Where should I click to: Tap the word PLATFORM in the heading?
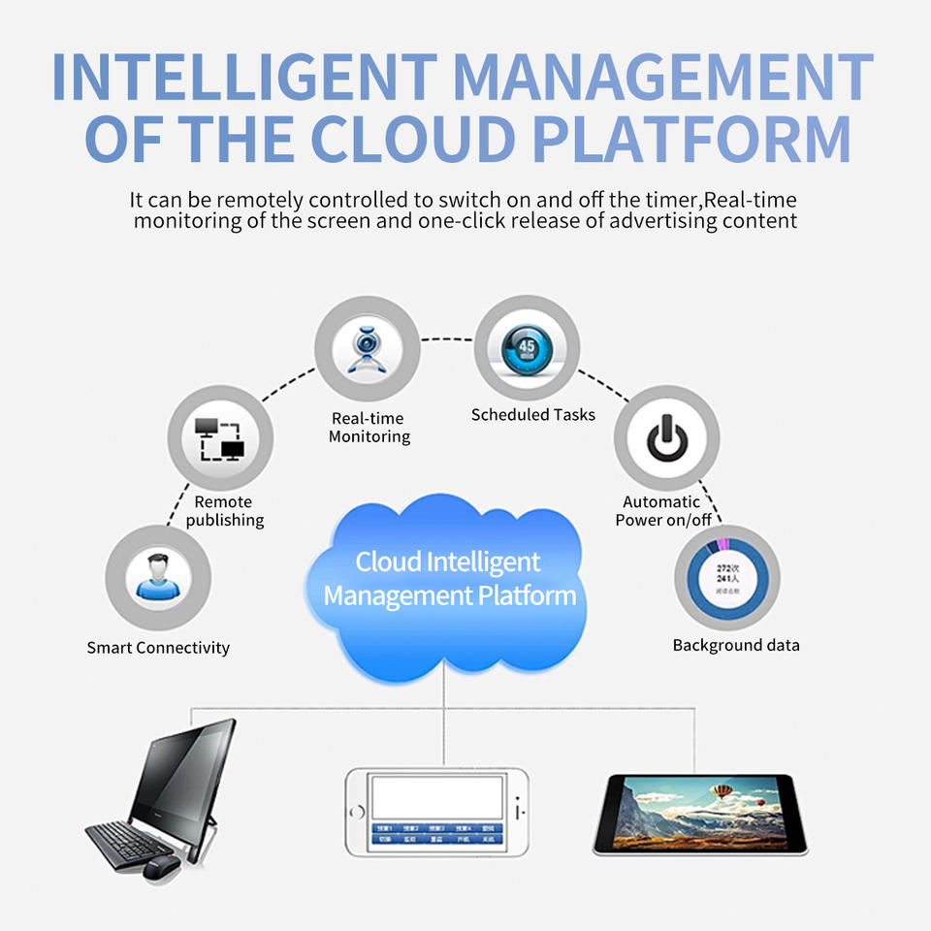click(692, 139)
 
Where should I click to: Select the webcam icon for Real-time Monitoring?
click(367, 350)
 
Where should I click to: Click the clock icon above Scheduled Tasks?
click(527, 349)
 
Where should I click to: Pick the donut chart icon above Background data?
click(727, 579)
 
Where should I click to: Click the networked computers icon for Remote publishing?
click(220, 438)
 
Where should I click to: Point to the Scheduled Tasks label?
click(533, 415)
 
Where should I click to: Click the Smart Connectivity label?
click(158, 648)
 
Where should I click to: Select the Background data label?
click(736, 645)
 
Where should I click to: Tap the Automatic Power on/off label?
click(663, 511)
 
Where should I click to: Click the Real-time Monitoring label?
click(369, 428)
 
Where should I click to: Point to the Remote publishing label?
click(224, 511)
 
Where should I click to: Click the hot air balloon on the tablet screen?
click(722, 790)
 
